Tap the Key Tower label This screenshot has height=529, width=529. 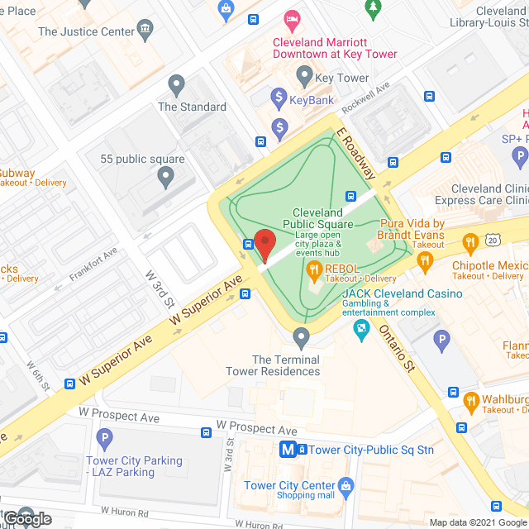341,79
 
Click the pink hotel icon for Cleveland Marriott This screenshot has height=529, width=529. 290,17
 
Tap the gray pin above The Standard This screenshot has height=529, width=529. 175,83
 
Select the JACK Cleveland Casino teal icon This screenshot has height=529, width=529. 361,330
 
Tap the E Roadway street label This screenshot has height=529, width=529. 356,154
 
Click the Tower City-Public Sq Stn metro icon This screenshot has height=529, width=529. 288,450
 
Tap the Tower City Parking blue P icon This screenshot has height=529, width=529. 104,438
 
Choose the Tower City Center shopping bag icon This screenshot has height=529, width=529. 346,484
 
